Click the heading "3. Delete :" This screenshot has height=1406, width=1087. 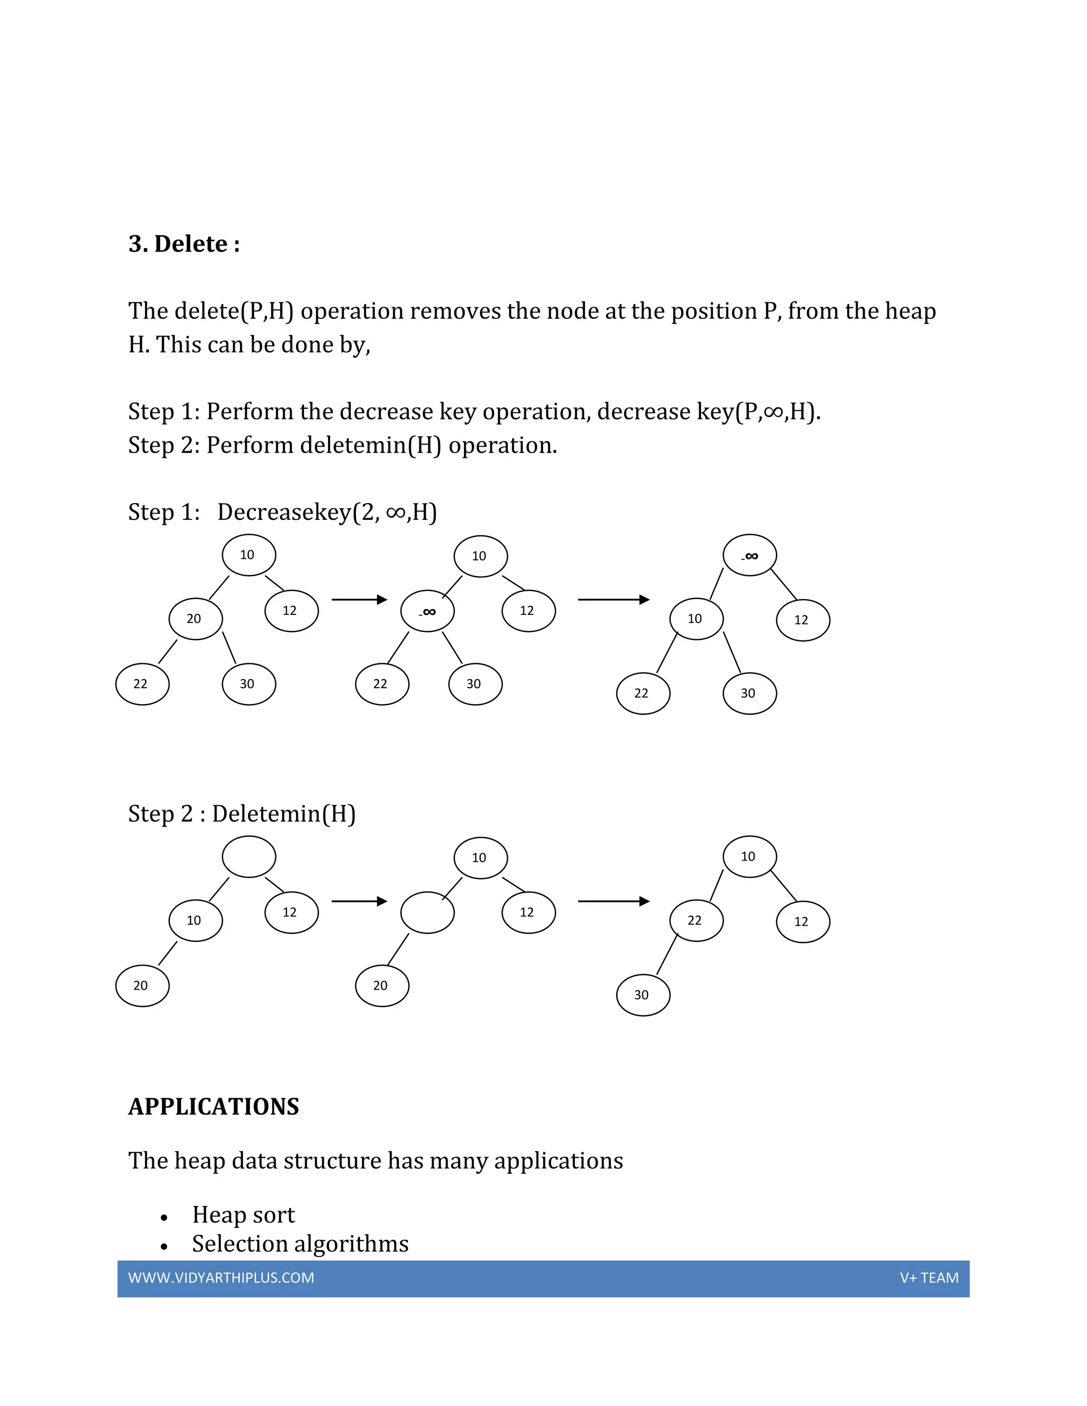184,245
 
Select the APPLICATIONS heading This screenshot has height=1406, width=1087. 214,1107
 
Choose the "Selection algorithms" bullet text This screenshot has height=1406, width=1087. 300,1244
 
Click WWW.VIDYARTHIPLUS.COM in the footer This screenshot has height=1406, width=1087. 221,1278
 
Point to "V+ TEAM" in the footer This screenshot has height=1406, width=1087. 929,1278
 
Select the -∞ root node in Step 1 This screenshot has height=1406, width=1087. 749,556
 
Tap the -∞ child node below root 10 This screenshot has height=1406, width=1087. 427,611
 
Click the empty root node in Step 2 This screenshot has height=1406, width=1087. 248,857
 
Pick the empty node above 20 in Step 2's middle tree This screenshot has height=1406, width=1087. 427,912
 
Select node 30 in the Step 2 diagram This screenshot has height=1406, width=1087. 643,995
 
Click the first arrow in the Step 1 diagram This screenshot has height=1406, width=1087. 359,600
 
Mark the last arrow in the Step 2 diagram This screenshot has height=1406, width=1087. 614,901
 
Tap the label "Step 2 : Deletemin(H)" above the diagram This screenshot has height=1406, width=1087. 241,814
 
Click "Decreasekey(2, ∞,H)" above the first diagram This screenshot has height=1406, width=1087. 326,513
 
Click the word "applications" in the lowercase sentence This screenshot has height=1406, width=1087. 558,1161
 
